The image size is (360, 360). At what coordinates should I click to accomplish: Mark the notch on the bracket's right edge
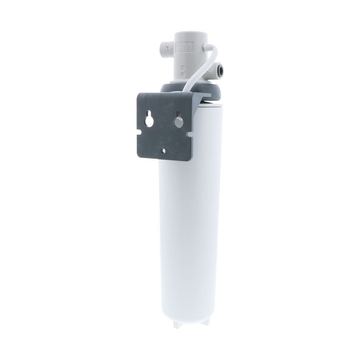[x=189, y=134]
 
